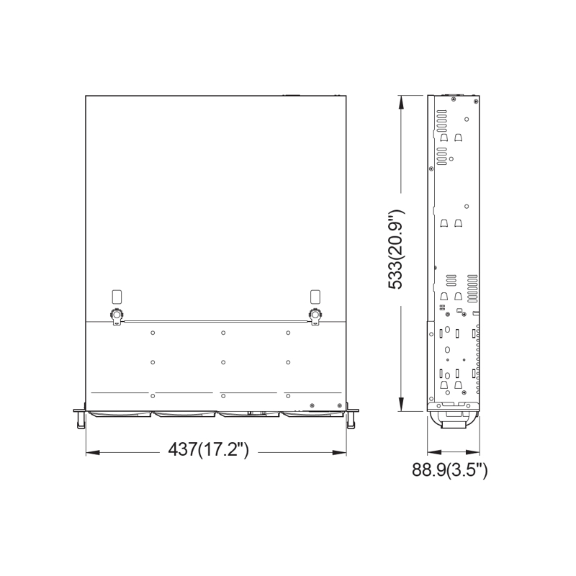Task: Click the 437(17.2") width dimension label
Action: [208, 450]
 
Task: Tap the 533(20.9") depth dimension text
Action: [396, 249]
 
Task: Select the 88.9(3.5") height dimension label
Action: [450, 471]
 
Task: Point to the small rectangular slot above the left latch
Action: [117, 296]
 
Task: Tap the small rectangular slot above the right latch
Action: [315, 296]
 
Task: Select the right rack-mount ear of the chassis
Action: [351, 418]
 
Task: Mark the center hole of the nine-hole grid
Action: [224, 361]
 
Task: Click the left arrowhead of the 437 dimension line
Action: [91, 452]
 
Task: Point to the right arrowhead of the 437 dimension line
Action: [341, 452]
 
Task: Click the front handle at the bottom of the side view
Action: [450, 419]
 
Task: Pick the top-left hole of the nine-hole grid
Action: [153, 333]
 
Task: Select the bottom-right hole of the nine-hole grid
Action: [287, 395]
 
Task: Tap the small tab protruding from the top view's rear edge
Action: [291, 94]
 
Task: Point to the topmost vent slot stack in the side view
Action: [441, 116]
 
